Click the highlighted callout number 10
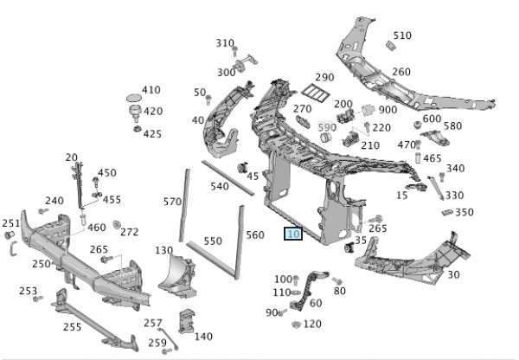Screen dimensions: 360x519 tap(292, 234)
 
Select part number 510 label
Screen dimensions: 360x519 tap(402, 35)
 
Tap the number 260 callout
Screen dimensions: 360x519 tap(401, 72)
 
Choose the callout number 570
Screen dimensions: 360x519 tap(172, 202)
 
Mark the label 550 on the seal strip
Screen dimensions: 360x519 tap(213, 241)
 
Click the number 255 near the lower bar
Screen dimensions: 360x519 tap(72, 327)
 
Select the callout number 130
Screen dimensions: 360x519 tap(164, 250)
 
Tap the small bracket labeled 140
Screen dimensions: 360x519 tap(185, 321)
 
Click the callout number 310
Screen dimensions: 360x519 tap(225, 43)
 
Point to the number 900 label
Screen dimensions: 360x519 tap(388, 110)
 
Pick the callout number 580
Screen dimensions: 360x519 tap(452, 125)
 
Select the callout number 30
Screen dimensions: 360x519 tap(453, 274)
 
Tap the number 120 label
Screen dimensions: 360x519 tap(312, 324)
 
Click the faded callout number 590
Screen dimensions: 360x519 tap(327, 128)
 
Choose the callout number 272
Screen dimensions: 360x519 tap(130, 232)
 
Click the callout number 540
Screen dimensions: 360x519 tap(219, 187)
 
